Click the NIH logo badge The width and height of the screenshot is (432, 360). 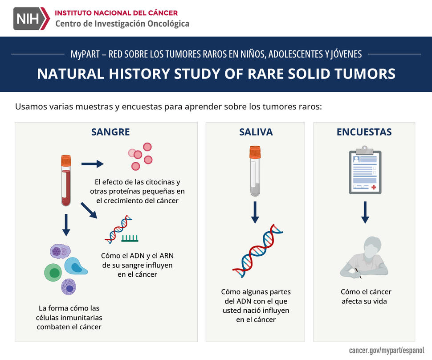pos(32,18)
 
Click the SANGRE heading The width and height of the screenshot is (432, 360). pos(110,132)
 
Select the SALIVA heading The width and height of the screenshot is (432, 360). pos(256,132)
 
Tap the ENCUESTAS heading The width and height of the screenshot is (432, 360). pos(364,132)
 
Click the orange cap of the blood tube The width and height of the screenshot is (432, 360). pos(66,161)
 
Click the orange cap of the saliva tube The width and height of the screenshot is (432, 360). pos(255,152)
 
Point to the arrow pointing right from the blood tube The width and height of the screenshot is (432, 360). pos(92,164)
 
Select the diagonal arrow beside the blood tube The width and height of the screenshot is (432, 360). pos(89,211)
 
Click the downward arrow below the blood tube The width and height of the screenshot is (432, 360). pos(66,225)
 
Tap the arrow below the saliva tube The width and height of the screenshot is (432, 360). pos(255,212)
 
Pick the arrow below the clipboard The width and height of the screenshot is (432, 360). pos(365,212)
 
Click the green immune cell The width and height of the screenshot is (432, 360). pos(53,272)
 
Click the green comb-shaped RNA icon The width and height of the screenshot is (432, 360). pos(130,239)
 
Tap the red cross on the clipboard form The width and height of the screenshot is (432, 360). pos(374,188)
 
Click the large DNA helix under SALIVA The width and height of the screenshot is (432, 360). pos(257,250)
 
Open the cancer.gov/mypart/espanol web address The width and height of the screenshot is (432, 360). pos(387,350)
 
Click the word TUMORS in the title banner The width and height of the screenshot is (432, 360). pos(364,74)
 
